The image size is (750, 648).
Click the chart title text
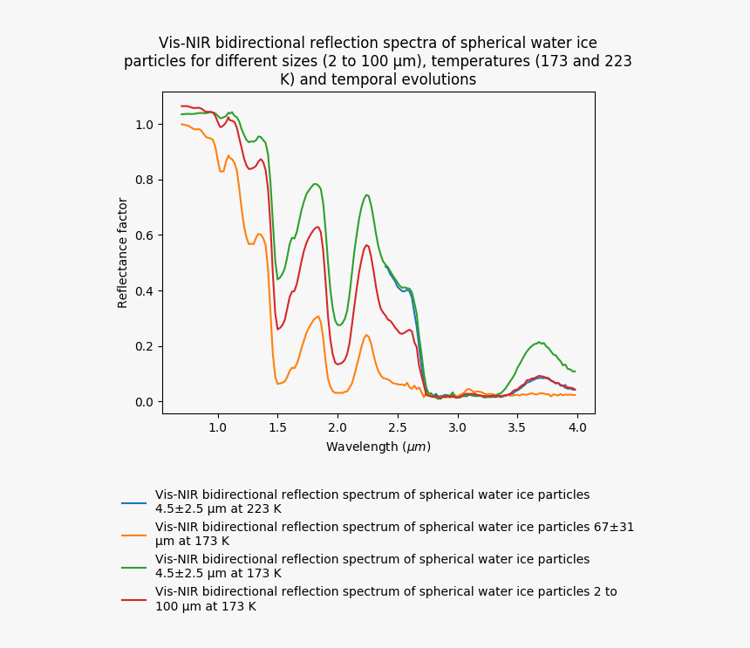pos(378,61)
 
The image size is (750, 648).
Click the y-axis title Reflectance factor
pos(123,252)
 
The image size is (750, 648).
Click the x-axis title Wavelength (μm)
pos(378,447)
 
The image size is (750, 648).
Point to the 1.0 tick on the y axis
pos(145,125)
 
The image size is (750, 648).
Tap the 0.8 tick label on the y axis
pos(145,181)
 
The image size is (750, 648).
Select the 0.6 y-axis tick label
pos(145,235)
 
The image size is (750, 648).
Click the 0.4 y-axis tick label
pos(145,291)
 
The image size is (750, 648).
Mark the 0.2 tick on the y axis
pos(145,346)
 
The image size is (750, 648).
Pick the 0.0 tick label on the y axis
pos(145,402)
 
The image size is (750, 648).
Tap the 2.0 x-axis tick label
pos(337,428)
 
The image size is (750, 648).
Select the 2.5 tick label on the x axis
pos(398,428)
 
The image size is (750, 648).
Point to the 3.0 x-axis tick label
pos(458,428)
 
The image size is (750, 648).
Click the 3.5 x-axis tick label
pos(517,428)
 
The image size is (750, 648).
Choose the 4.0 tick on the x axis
pos(577,428)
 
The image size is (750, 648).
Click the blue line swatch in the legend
pos(133,503)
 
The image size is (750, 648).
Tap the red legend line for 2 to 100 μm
pos(133,599)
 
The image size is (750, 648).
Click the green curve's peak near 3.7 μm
pos(540,342)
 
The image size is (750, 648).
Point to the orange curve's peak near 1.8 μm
pos(317,317)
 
